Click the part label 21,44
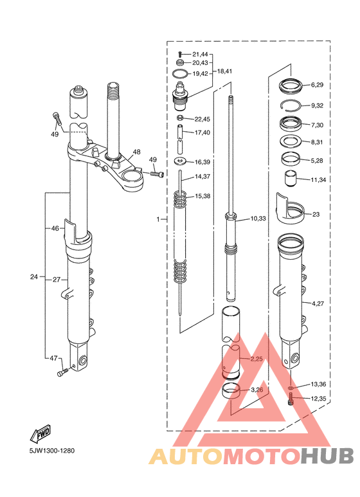point(200,55)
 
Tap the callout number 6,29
point(317,85)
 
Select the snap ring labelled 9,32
point(291,105)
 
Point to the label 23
point(316,214)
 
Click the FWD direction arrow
point(40,433)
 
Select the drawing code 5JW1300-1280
point(52,451)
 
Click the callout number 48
point(136,152)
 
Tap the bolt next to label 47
point(62,372)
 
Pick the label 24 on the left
point(34,276)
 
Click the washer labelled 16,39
point(180,161)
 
